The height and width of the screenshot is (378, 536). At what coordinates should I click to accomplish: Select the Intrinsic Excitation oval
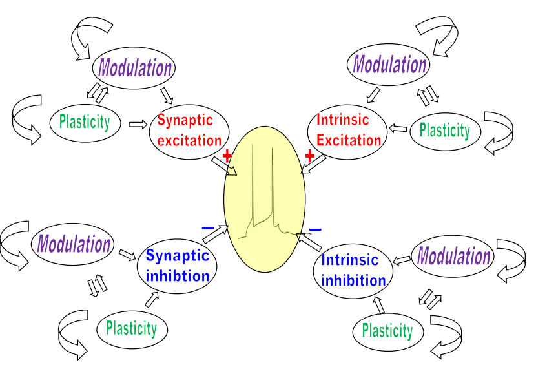point(349,130)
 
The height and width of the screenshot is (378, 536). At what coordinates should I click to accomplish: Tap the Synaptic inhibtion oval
point(178,266)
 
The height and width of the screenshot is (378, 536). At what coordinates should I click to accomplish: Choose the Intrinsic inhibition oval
point(353,271)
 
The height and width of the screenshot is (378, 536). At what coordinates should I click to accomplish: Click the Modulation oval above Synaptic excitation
point(135,68)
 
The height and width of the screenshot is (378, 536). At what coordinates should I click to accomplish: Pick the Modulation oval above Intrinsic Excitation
point(389,65)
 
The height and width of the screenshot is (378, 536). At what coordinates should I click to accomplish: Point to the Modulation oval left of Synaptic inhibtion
point(74,244)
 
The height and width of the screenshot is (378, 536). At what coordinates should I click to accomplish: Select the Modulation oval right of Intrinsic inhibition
point(454,257)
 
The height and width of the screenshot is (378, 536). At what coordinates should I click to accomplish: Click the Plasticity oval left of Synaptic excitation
point(85,121)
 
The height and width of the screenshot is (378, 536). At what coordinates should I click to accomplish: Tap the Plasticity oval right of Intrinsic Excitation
point(444,131)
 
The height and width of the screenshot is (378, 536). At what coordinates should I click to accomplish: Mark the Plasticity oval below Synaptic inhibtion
point(132,328)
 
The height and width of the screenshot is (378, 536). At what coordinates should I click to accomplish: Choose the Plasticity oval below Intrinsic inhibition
point(387,331)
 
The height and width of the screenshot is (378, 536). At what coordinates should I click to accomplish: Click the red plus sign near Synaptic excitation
point(227,156)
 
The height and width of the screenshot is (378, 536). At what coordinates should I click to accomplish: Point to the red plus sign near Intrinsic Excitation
point(309,156)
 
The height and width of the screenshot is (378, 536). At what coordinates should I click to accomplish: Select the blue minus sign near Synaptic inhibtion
point(207,227)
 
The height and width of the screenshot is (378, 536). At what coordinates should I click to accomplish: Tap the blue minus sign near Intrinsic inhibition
point(315,229)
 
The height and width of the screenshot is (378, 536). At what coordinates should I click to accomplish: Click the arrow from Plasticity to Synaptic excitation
point(139,123)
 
